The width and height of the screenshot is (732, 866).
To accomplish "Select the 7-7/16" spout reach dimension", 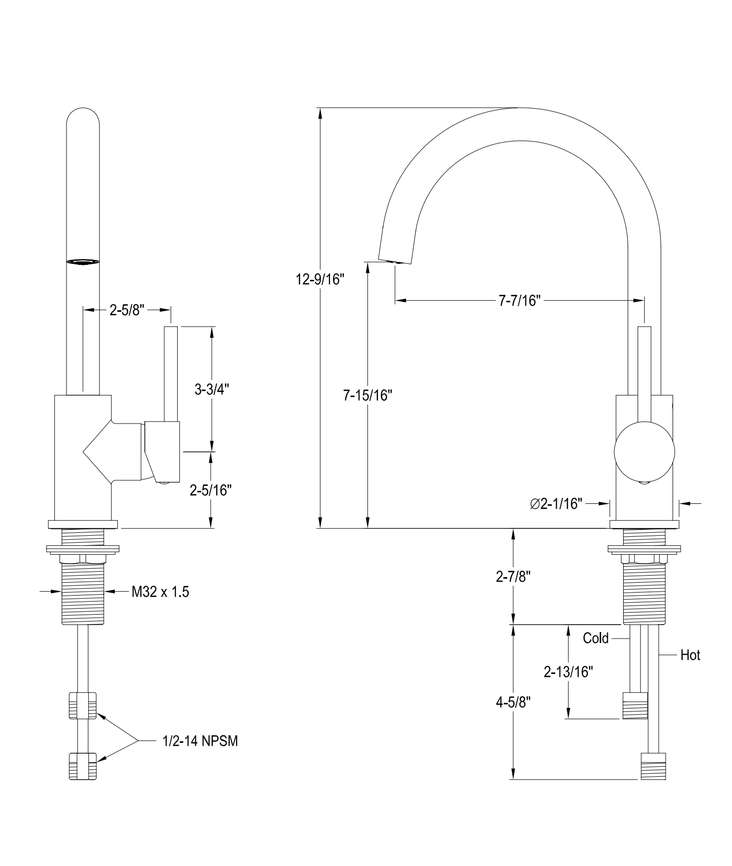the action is point(520,301).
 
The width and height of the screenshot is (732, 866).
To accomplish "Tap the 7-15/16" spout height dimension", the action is point(367,396).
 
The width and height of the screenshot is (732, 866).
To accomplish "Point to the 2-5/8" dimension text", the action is point(127,310).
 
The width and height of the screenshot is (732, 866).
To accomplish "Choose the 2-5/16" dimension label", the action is point(211,490).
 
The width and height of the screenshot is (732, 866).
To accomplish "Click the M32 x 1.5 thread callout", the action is point(160,592).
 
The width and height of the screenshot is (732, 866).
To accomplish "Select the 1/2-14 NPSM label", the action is point(200,741).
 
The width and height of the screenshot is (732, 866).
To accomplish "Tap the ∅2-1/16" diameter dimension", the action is point(557,504).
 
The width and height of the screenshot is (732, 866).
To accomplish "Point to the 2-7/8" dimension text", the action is point(513,577).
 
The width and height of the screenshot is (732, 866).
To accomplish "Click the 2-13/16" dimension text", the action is point(568,672).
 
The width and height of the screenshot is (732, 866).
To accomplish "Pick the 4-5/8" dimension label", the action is point(513,702).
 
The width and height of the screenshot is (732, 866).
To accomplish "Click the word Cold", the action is point(596,638).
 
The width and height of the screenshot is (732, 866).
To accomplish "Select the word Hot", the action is point(690,655).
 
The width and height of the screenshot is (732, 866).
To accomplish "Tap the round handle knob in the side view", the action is point(644,451).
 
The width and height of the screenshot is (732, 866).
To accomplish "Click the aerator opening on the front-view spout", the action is point(83,261).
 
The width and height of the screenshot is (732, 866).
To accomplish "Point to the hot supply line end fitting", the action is point(653,766).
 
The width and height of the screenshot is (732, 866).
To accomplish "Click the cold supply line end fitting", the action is point(635,706).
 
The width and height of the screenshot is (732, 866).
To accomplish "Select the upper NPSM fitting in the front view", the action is point(82,705).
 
